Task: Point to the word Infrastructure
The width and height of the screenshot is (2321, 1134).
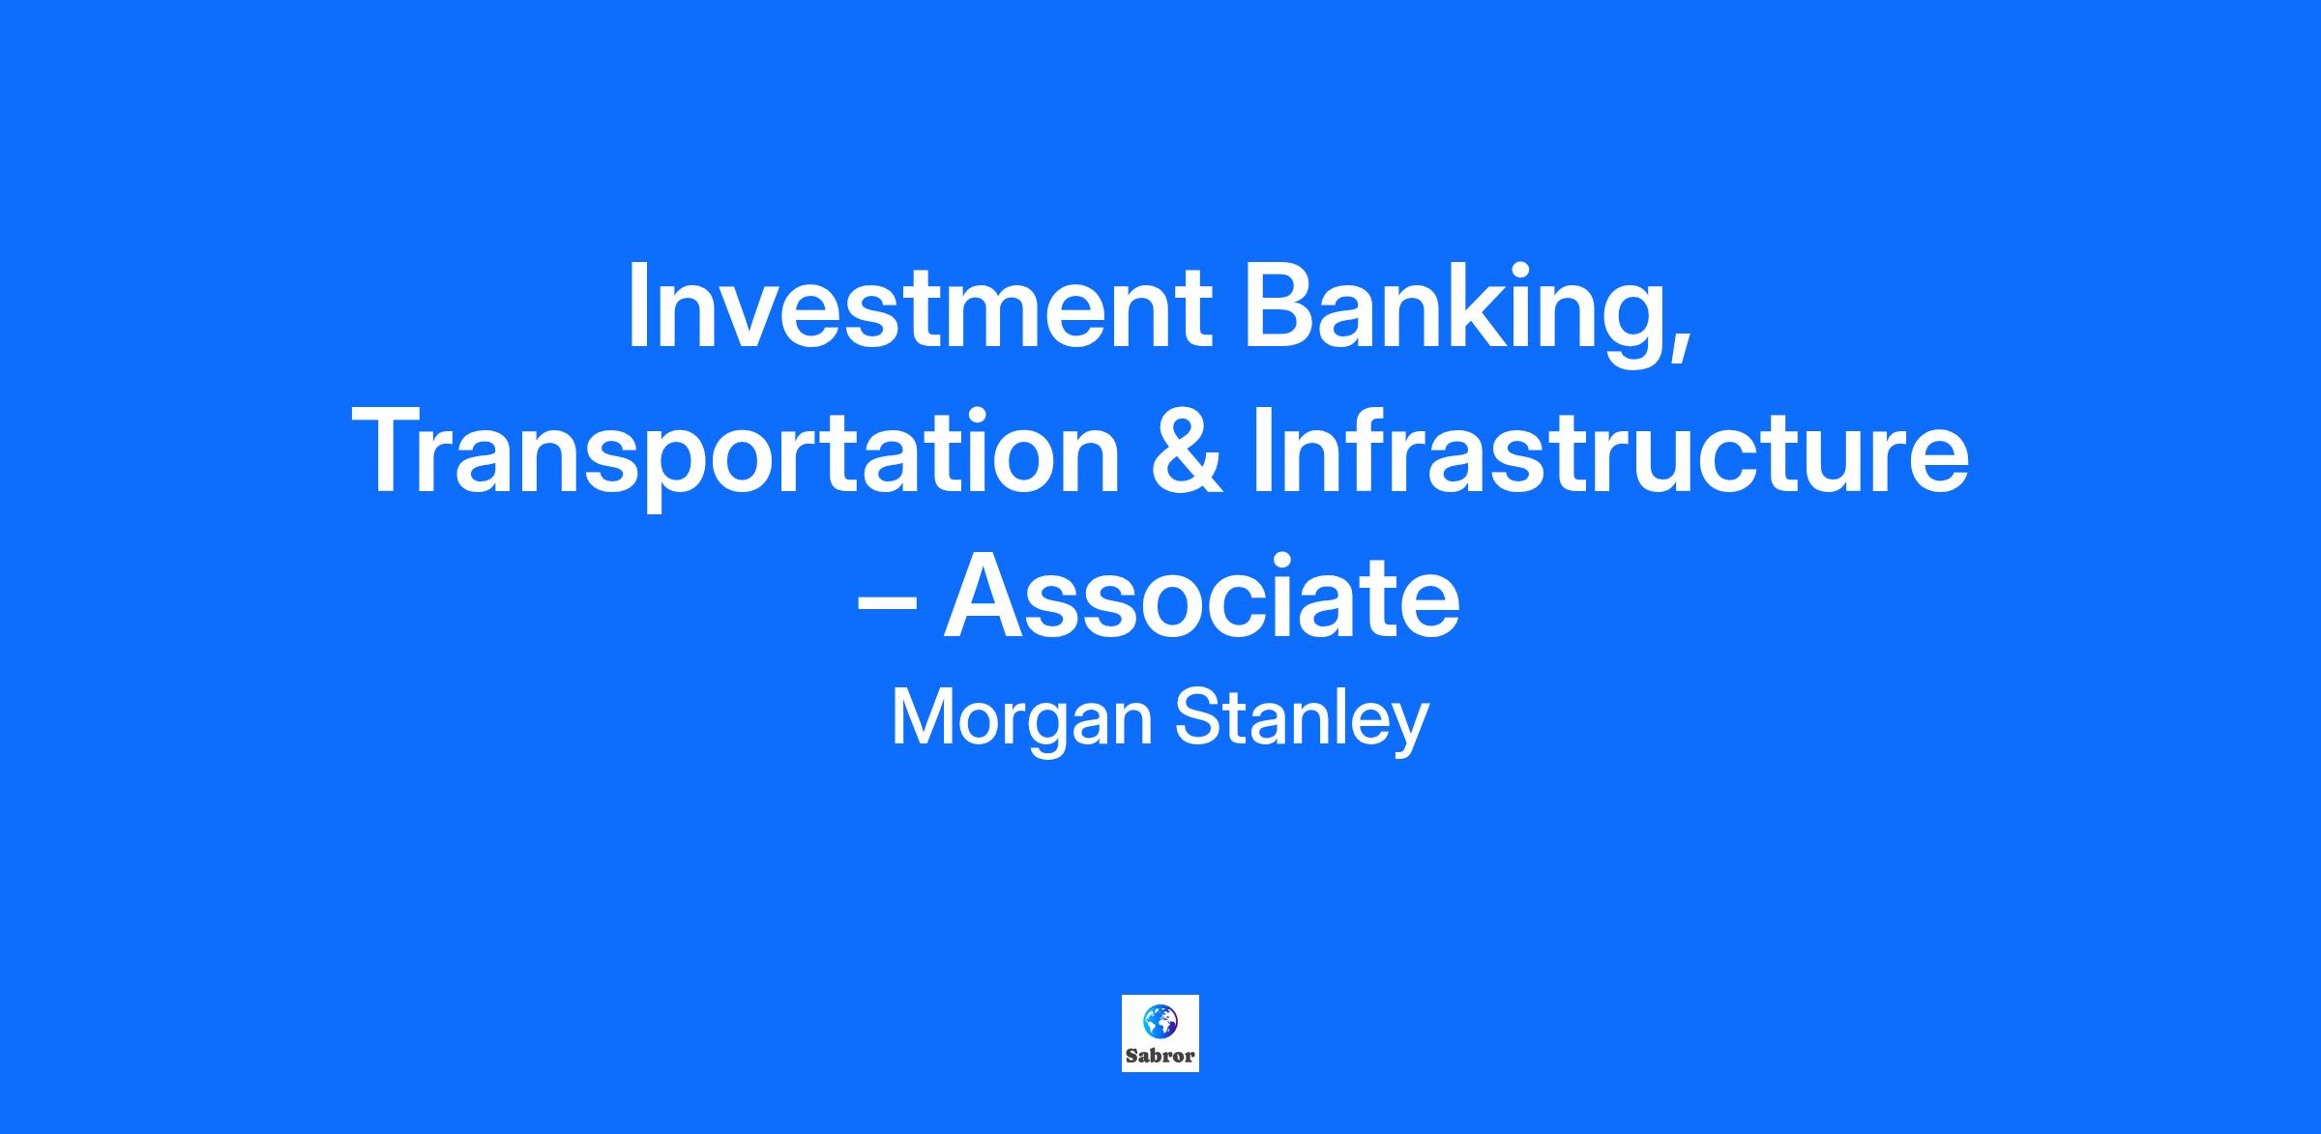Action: click(x=1610, y=451)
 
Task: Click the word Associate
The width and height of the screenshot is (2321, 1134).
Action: click(x=1202, y=596)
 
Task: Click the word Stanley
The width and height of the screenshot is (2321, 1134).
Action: click(x=1302, y=720)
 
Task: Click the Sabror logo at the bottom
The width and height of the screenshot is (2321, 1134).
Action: click(x=1160, y=1033)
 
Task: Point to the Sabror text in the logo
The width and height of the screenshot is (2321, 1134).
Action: click(x=1160, y=1056)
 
